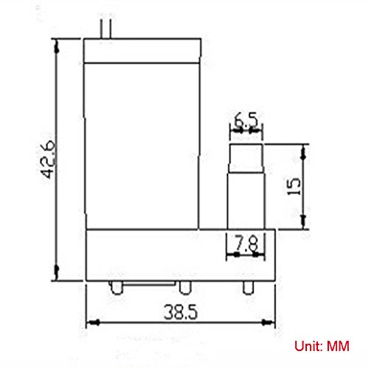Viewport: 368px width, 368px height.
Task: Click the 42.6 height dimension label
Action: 48,159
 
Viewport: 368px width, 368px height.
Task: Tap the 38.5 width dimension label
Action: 180,312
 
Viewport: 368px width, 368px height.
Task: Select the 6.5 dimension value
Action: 246,120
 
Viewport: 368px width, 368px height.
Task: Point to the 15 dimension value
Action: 294,186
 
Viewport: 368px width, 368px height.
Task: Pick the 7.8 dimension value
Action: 247,243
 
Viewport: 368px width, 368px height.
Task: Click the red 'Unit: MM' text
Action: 322,346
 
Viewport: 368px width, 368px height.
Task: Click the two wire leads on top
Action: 106,29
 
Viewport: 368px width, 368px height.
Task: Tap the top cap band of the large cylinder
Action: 142,51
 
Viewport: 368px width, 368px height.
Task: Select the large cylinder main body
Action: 142,146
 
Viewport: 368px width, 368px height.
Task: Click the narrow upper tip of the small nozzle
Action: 247,158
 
